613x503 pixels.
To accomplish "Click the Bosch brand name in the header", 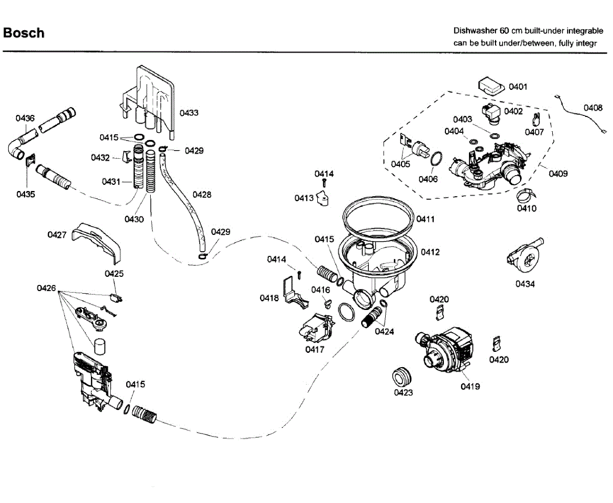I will coord(23,33).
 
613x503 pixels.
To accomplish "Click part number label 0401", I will coord(518,87).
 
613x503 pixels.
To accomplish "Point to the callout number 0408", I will coord(593,108).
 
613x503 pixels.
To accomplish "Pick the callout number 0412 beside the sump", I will coord(430,252).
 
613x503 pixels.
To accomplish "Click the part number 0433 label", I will coord(189,113).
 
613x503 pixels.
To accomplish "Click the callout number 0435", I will coord(26,195).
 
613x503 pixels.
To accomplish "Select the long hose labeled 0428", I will coord(181,204).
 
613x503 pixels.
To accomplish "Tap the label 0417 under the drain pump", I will coord(315,349).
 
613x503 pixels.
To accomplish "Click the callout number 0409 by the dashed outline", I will coord(558,174).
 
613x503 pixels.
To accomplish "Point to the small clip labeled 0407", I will coord(536,119).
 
